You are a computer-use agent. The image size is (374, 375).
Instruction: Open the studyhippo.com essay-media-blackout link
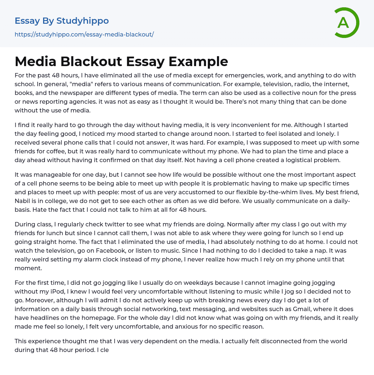[x=84, y=34]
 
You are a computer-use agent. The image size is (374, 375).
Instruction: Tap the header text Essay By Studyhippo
[x=62, y=21]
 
